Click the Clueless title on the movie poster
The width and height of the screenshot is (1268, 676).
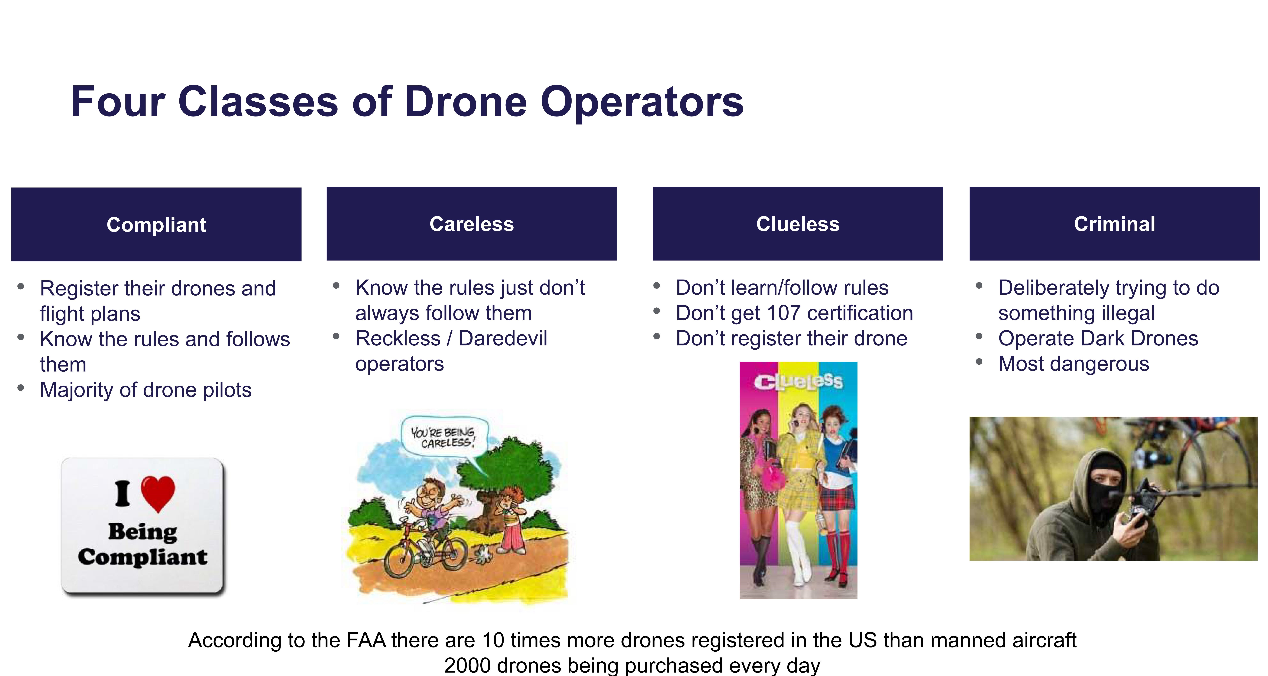point(798,381)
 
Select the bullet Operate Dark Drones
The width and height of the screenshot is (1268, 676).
point(1098,338)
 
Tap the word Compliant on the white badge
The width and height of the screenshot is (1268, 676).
point(143,557)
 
